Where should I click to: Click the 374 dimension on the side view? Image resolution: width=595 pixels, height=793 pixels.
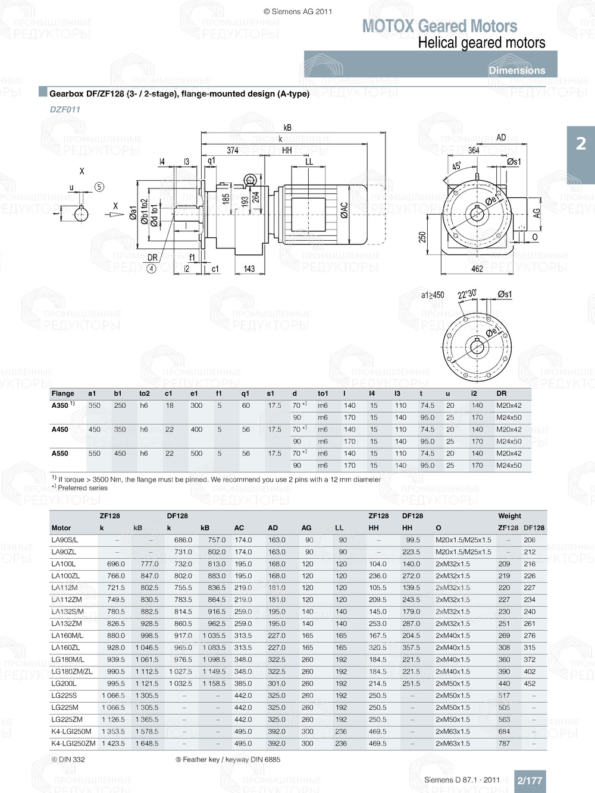[233, 150]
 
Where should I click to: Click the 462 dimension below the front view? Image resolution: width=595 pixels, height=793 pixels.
[477, 269]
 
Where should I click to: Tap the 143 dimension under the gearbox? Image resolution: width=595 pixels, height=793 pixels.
[249, 269]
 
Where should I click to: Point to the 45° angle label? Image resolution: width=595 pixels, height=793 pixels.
[456, 166]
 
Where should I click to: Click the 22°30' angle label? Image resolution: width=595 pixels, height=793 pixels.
[466, 294]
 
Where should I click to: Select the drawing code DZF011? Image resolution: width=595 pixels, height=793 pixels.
[65, 109]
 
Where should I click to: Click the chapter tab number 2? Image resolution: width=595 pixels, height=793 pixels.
[581, 144]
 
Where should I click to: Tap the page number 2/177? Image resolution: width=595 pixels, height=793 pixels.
[530, 781]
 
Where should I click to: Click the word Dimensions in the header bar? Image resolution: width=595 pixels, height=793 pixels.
[516, 70]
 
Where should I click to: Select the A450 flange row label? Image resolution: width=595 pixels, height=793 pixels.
[60, 429]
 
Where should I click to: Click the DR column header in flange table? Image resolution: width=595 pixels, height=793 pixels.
[502, 394]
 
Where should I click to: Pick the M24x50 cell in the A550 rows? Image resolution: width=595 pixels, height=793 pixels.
[509, 465]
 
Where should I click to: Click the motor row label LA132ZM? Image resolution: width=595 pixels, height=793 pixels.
[67, 624]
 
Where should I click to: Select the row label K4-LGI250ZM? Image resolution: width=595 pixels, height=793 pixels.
[73, 743]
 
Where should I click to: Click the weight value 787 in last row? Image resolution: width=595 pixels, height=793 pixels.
[504, 743]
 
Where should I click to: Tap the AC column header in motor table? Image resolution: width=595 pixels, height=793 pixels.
[239, 528]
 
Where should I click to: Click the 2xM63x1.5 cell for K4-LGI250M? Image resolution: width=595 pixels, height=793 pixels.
[452, 731]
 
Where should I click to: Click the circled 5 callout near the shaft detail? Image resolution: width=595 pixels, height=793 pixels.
[99, 187]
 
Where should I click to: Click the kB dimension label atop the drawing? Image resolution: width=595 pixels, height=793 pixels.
[287, 127]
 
